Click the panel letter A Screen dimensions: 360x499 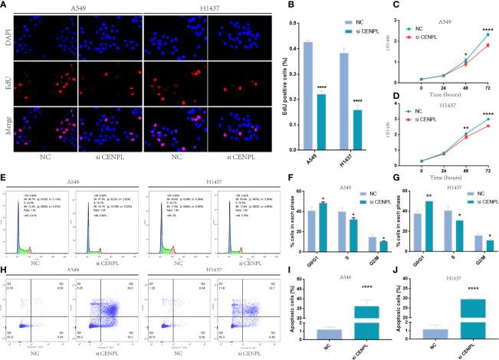tap(5, 5)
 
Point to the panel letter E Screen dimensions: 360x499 tap(5, 185)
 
